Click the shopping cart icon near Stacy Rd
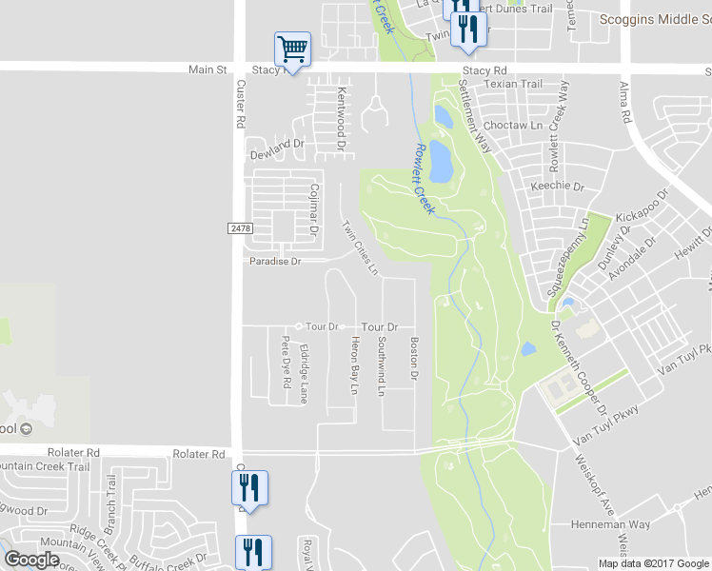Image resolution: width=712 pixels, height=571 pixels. (x=292, y=49)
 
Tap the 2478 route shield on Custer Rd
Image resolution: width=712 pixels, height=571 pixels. (x=241, y=228)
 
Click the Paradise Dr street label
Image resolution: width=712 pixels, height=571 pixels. (x=275, y=261)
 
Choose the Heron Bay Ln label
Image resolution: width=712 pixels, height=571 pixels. (x=353, y=365)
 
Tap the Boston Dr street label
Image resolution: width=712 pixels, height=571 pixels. (x=414, y=359)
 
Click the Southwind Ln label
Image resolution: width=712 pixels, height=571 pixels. (x=381, y=365)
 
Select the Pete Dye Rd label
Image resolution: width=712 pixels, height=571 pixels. (x=285, y=363)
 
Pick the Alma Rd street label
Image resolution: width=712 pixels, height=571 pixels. (x=625, y=103)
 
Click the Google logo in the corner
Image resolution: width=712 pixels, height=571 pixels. (x=32, y=560)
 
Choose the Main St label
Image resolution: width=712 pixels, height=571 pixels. (x=208, y=69)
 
